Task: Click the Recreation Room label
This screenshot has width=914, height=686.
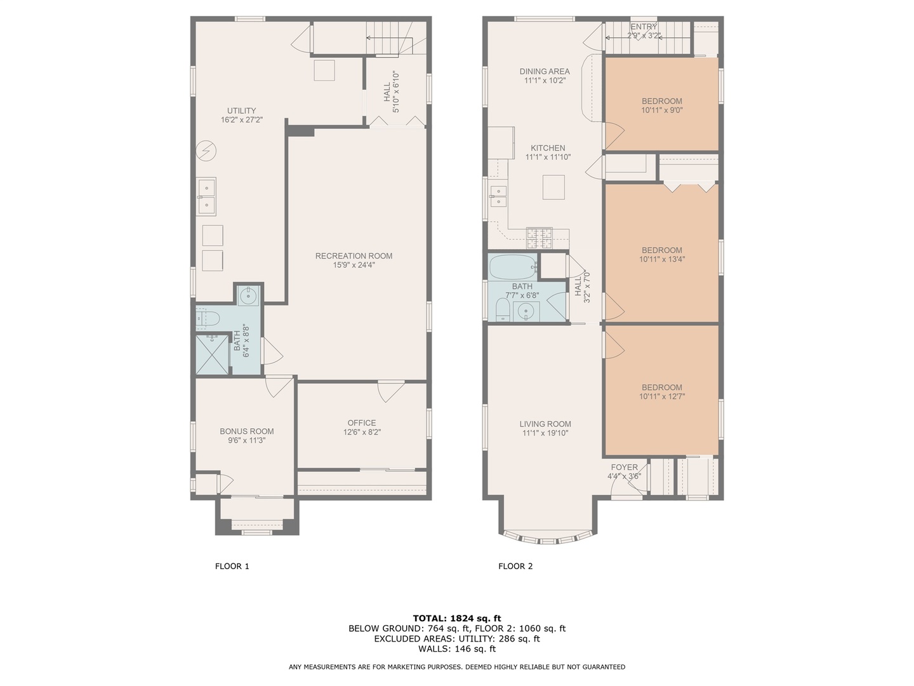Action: point(354,256)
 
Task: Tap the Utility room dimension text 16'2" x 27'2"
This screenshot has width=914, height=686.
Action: point(242,120)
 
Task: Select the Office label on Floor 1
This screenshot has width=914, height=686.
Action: point(361,423)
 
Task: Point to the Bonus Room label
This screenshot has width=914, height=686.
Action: point(247,431)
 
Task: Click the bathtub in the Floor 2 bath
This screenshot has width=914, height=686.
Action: point(512,267)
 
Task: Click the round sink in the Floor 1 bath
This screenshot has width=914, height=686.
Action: point(249,296)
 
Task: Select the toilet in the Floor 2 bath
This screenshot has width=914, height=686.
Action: point(503,311)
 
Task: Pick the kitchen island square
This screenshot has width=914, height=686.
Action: point(553,187)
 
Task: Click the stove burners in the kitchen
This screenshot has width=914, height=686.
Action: point(540,238)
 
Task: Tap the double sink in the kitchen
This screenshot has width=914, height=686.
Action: point(498,196)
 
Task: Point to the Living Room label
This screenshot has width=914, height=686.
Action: point(545,424)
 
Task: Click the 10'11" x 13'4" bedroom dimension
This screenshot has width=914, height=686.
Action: point(662,259)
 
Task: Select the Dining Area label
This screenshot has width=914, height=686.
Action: point(545,72)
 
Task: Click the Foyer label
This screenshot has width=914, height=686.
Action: point(624,467)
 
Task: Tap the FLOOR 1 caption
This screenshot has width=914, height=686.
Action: point(232,566)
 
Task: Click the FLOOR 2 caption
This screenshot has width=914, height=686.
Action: point(515,566)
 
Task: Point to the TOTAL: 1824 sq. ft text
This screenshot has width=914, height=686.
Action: point(457,618)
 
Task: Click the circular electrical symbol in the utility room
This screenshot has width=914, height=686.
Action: point(206,151)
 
